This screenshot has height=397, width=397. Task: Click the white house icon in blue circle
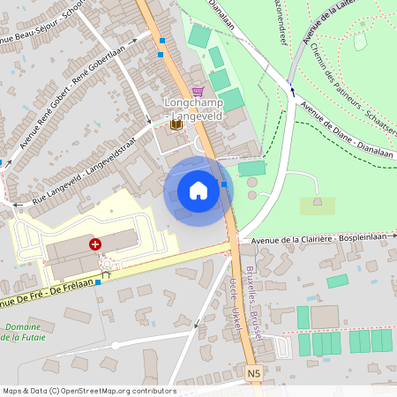pos(198,191)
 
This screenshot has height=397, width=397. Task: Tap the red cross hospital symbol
pos(94,243)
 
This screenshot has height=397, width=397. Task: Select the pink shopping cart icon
pos(198,91)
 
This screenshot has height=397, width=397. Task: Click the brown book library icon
pos(176,124)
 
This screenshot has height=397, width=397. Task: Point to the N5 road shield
pos(254,374)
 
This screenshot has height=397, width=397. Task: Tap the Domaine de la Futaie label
pos(26,333)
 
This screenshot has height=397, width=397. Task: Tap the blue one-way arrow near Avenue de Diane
pos(291,88)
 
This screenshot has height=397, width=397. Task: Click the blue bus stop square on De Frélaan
pos(98,283)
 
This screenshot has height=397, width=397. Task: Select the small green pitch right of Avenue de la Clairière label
pos(337,281)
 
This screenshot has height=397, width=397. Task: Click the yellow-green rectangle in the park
pos(317,206)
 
